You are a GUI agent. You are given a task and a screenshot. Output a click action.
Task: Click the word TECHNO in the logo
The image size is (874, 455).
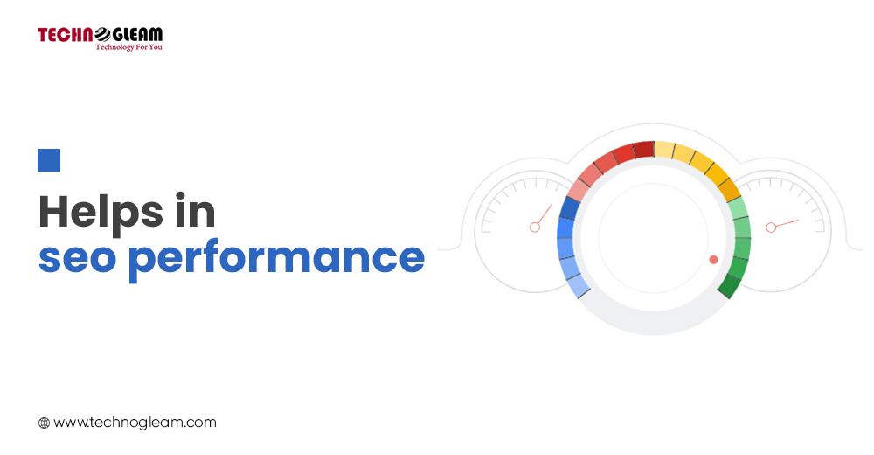(66, 35)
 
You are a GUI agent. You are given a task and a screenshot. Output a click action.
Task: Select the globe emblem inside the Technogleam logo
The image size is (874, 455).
(103, 35)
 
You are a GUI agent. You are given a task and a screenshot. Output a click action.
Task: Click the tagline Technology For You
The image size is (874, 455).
(128, 47)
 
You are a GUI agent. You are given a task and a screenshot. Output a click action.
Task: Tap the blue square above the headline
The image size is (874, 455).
(49, 160)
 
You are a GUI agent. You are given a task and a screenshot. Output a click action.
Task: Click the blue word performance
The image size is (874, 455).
(276, 259)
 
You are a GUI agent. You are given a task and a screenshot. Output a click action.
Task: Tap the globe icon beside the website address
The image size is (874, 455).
(44, 423)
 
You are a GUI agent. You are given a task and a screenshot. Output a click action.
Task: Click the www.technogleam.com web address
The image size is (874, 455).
(135, 423)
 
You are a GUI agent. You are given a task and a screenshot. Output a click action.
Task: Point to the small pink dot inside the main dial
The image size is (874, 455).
(713, 260)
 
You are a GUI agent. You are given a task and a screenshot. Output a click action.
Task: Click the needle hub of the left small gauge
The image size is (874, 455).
(535, 227)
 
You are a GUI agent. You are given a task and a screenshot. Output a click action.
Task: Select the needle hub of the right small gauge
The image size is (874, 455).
(771, 227)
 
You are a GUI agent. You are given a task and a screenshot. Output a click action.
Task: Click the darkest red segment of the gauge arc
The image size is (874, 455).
(644, 150)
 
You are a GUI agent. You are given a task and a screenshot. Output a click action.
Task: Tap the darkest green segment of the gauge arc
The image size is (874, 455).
(730, 286)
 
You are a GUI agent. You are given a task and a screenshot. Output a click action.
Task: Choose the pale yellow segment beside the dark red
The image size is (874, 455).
(664, 150)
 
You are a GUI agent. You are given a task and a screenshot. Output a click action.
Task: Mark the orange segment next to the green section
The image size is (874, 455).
(730, 191)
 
